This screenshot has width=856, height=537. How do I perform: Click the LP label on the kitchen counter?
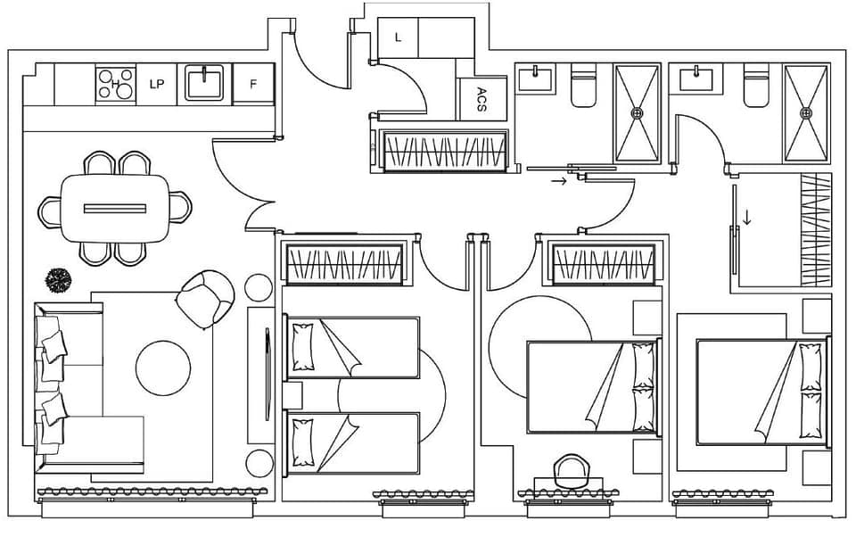(157, 84)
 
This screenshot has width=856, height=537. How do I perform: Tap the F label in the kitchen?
(252, 84)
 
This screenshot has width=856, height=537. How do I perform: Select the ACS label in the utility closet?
(481, 99)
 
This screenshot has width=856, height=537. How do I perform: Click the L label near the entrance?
(398, 37)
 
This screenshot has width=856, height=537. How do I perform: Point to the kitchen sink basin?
(204, 82)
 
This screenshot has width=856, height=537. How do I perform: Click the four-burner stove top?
(116, 84)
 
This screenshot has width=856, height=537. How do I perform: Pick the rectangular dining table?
(115, 208)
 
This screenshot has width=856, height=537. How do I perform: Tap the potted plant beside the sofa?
(58, 280)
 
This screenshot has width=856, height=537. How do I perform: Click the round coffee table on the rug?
(163, 368)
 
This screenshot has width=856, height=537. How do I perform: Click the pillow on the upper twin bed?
(303, 347)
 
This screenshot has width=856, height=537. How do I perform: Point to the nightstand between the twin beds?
(292, 395)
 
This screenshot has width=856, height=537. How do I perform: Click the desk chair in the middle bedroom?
(571, 471)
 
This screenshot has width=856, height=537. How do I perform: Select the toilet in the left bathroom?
(583, 86)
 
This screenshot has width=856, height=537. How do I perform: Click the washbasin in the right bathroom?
(696, 79)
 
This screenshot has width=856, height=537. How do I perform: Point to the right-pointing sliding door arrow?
(559, 181)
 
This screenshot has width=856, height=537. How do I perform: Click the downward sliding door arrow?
(747, 218)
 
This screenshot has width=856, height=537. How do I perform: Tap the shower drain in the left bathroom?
(637, 113)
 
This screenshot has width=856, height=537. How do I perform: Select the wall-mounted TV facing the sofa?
(267, 374)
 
